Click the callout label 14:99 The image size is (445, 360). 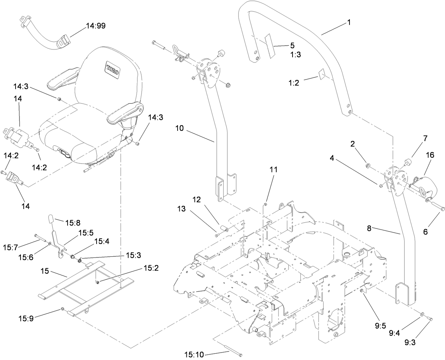pos(96,26)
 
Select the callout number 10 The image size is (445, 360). pos(179,128)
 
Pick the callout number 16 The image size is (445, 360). pos(430,155)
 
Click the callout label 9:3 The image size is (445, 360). pos(410,342)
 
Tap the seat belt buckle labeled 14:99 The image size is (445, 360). pos(63,43)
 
